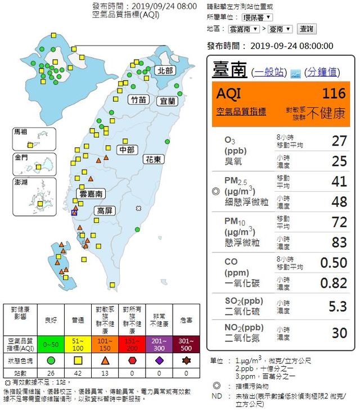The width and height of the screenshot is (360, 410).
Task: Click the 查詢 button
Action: click(x=307, y=29)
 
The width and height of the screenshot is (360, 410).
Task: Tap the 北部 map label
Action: click(x=165, y=70)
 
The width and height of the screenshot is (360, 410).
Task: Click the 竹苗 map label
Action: click(x=138, y=100)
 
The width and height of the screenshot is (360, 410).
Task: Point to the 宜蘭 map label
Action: click(x=168, y=101)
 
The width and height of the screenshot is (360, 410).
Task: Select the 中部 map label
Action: click(x=127, y=150)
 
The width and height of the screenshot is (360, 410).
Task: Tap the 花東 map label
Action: click(x=154, y=159)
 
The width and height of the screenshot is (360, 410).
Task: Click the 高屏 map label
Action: click(x=105, y=211)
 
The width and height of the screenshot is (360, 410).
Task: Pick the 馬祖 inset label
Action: click(x=21, y=132)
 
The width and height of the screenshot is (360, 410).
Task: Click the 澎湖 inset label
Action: click(x=21, y=182)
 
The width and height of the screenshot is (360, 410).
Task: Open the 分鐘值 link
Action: click(x=322, y=72)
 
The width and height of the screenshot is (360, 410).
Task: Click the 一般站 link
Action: click(x=269, y=72)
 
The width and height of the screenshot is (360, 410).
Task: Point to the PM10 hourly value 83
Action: click(x=339, y=242)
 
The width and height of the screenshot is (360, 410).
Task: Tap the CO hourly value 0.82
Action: click(x=334, y=282)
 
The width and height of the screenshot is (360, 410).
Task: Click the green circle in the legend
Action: click(x=51, y=359)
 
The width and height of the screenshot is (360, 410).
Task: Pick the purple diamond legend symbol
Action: click(x=159, y=359)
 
